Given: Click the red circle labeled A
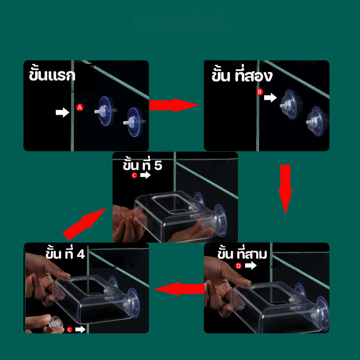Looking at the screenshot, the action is click(80, 108).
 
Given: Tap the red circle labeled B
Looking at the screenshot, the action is click(260, 92).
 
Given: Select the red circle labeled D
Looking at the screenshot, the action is click(238, 266).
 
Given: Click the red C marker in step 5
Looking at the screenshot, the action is click(134, 175).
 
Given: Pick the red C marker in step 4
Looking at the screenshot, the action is click(70, 330).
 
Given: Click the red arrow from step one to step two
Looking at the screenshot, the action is click(174, 105).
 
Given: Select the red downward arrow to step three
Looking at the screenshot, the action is click(285, 189).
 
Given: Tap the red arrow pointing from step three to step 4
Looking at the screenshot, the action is click(179, 289).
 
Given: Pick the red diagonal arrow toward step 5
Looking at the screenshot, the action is click(85, 224).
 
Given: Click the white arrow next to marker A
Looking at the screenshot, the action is click(63, 112).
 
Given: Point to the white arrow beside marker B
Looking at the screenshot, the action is click(270, 98).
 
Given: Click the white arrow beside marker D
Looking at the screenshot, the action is click(251, 265).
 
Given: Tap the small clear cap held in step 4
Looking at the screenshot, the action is click(55, 323).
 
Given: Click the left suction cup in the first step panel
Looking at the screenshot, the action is click(106, 111).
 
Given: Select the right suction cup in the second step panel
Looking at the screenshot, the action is click(317, 121).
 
